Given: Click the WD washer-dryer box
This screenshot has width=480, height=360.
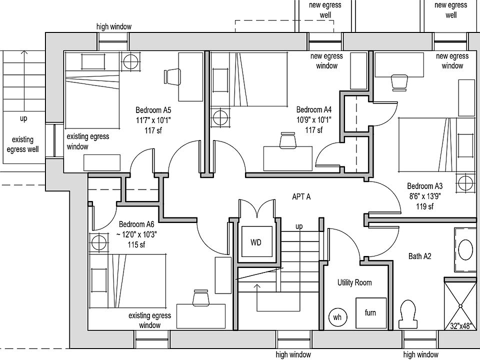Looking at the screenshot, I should (x=256, y=242).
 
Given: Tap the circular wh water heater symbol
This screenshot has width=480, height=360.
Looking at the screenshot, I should (x=337, y=317).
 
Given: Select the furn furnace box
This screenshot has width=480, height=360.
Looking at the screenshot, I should (x=370, y=313).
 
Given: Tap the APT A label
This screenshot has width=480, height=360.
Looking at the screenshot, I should (x=301, y=197).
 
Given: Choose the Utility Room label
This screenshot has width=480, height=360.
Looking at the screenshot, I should (x=354, y=282).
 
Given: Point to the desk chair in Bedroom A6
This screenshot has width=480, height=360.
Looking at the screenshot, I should (x=200, y=296).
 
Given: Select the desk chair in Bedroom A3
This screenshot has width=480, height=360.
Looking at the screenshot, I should (x=399, y=81).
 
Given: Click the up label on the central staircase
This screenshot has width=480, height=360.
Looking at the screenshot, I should (x=299, y=226).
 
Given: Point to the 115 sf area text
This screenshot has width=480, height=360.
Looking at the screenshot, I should (x=136, y=244).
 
